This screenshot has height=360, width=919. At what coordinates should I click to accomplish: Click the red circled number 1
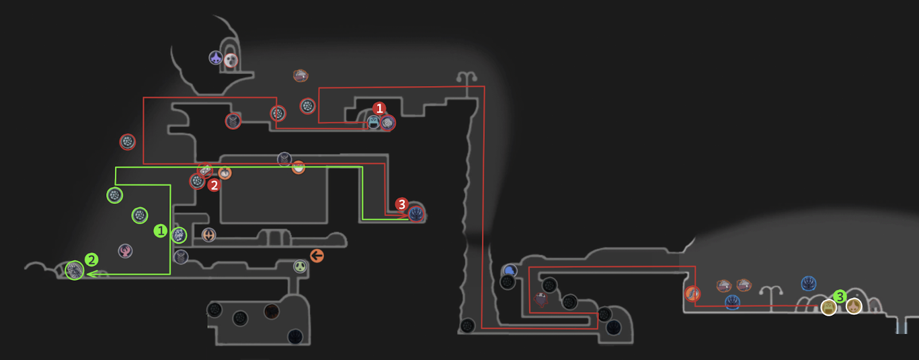point(379,109)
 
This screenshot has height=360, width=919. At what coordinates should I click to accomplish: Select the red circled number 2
point(214,185)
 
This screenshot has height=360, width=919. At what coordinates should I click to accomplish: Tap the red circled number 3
point(401,204)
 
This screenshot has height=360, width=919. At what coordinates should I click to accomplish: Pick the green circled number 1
point(160,231)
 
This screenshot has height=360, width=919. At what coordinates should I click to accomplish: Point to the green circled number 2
point(91,260)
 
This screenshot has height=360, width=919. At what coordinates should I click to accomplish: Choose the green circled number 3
point(840,296)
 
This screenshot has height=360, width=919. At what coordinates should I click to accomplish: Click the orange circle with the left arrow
point(316,256)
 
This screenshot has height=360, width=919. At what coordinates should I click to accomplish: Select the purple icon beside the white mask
point(215,57)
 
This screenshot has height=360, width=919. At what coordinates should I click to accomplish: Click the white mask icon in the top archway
point(231,60)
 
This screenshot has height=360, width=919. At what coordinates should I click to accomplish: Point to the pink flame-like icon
point(125,250)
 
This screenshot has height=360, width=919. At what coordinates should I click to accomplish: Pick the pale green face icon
point(300,266)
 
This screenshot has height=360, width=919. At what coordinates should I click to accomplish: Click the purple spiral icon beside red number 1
point(388,122)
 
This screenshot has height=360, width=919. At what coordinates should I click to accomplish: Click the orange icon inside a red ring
point(693,294)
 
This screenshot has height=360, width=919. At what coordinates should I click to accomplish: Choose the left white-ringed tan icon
point(828,308)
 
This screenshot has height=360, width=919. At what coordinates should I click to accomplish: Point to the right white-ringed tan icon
point(854,306)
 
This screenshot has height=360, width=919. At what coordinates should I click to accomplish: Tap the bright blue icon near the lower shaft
point(509,270)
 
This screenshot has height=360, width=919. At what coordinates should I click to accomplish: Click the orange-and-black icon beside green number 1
point(208,234)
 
